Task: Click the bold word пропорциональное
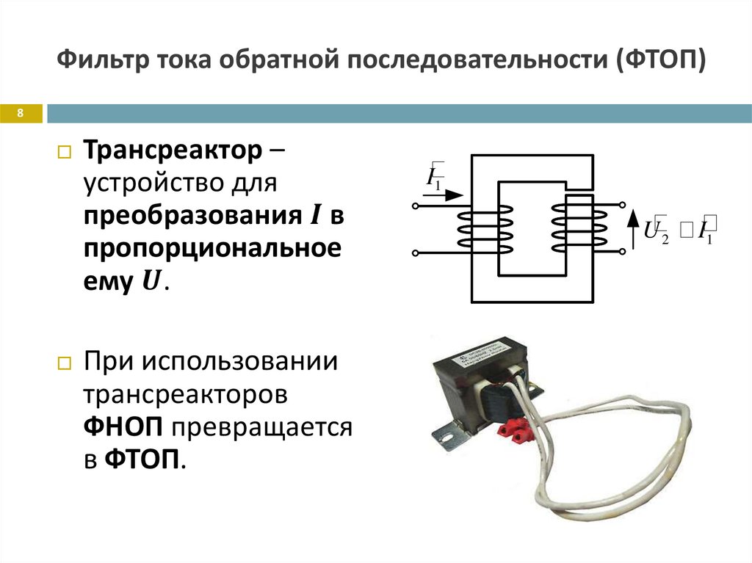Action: click(x=212, y=248)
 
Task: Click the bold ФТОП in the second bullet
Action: click(x=143, y=460)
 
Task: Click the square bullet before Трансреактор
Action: click(x=64, y=154)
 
